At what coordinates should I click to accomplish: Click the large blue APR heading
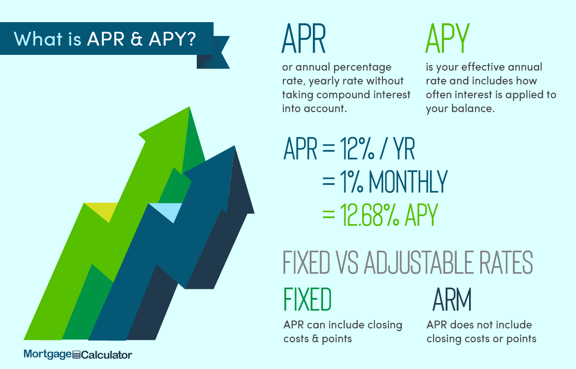[x=304, y=38]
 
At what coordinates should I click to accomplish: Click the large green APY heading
[x=448, y=38]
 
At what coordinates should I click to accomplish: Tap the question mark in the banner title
[x=191, y=39]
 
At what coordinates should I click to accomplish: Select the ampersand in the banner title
[x=136, y=39]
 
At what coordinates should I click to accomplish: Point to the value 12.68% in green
[x=370, y=214]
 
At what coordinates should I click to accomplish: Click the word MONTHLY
[x=409, y=181]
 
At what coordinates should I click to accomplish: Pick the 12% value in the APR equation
[x=357, y=149]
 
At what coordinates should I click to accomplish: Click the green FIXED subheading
[x=307, y=299]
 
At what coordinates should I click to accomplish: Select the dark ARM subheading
[x=452, y=299]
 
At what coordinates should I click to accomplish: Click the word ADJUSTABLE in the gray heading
[x=418, y=262]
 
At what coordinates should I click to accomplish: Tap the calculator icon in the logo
[x=76, y=355]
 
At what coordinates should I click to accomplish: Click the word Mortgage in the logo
[x=47, y=355]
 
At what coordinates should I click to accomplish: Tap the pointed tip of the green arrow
[x=189, y=107]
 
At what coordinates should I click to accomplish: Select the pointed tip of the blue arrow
[x=234, y=146]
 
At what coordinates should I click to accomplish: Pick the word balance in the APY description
[x=473, y=108]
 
